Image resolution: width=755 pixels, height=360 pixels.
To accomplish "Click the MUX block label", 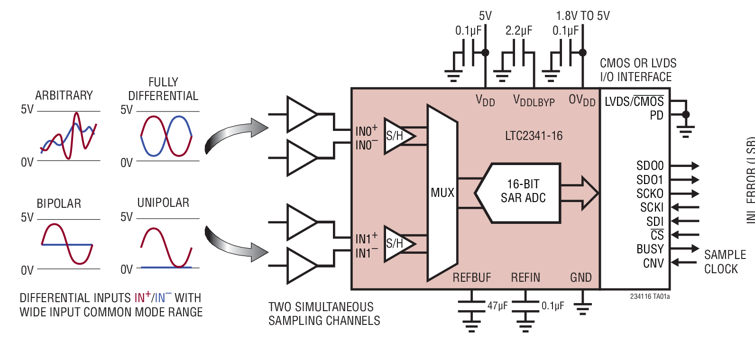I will (442, 193).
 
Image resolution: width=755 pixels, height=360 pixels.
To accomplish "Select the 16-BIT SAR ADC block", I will (523, 191).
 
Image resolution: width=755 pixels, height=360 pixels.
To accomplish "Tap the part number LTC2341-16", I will (534, 136).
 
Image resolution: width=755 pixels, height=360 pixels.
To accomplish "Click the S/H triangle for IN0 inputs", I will (397, 136).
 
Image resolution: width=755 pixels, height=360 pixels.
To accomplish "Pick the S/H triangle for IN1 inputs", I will (397, 244).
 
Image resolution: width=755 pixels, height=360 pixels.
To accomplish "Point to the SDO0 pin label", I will (650, 166).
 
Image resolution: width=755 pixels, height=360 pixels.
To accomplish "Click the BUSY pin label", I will (650, 249).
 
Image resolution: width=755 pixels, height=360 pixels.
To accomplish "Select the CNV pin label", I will (653, 263).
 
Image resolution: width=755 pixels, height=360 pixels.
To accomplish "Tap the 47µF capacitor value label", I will (497, 306).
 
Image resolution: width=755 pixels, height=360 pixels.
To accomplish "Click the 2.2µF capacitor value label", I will (518, 31).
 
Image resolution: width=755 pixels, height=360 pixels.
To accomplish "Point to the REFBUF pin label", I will (471, 277).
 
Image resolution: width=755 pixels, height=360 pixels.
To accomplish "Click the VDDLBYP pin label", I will (534, 101).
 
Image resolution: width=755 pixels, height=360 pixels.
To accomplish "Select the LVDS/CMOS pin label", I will (634, 102).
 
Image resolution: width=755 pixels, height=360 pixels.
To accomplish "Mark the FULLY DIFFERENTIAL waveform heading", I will (163, 89).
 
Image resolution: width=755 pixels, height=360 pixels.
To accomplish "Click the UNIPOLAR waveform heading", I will (163, 203).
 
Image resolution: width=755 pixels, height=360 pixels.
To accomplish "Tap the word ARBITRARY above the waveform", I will (64, 95).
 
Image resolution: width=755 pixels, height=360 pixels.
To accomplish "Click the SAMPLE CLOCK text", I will (724, 262).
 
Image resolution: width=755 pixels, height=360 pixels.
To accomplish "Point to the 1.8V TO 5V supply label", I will (582, 16).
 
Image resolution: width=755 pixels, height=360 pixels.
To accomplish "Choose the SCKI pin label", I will (652, 207).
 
